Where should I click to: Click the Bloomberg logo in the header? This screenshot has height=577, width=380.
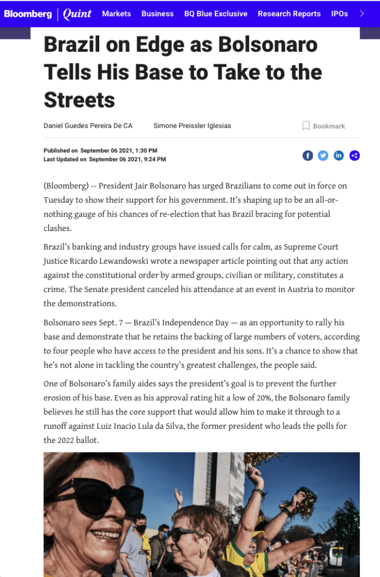28,14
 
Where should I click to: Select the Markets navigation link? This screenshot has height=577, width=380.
116,14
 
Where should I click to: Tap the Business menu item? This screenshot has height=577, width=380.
157,14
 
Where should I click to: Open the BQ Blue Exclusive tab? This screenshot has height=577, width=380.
215,14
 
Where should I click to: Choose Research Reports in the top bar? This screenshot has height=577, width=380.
289,14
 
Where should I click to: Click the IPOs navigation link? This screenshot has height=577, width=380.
339,14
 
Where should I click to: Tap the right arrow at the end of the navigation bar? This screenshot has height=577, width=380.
362,14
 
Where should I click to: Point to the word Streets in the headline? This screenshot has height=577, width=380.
79,100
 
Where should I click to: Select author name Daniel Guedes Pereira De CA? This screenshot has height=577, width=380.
88,126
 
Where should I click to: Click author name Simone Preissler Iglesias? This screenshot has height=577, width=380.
192,126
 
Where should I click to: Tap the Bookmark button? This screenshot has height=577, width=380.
324,126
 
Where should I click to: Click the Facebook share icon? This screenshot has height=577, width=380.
308,156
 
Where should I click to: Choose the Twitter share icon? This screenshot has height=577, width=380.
323,156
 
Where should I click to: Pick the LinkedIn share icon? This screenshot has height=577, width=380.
339,156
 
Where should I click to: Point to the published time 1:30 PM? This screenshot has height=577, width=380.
146,150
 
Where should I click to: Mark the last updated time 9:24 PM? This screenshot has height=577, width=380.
154,159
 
